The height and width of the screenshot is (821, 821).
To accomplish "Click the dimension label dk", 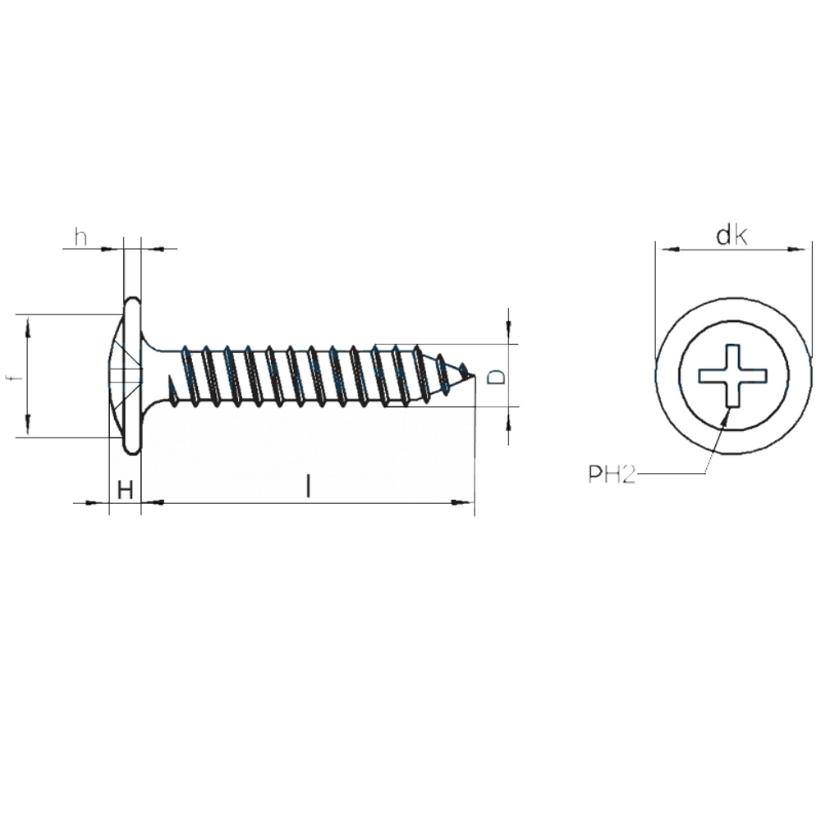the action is click(732, 236).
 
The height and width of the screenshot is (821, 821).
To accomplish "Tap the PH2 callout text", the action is click(612, 475).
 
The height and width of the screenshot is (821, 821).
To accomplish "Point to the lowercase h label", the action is click(80, 237).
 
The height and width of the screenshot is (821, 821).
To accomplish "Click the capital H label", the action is click(125, 491).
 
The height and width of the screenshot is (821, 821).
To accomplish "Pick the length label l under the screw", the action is click(309, 486).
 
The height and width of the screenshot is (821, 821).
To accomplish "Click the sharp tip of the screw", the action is click(475, 376).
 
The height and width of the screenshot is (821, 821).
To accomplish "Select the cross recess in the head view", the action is click(733, 375).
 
